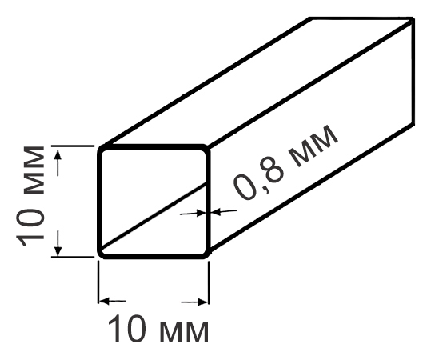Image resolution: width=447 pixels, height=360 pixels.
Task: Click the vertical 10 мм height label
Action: point(30,196)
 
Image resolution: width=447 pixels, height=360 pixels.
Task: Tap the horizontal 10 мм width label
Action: point(158,328)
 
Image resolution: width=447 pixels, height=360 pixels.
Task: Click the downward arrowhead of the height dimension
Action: point(58,251)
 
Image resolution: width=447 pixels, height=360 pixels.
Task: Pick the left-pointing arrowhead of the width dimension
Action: point(104,301)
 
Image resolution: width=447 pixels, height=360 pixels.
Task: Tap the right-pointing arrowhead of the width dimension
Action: point(203,302)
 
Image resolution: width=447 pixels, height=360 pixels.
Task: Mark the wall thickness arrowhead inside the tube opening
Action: point(201,213)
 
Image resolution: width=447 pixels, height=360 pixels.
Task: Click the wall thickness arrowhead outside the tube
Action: point(216,212)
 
